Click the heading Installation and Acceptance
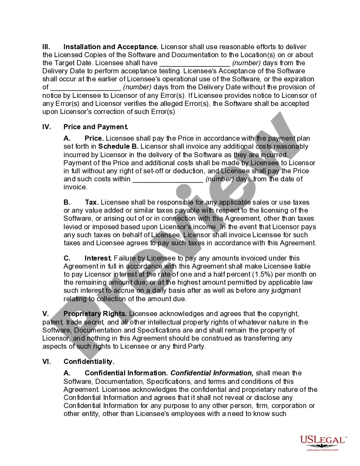pos(111,47)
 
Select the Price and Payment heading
pos(96,127)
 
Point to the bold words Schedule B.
pos(121,147)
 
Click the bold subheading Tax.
pos(91,202)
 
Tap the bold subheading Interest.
pos(98,258)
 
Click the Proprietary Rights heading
pos(95,314)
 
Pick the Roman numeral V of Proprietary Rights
pos(45,314)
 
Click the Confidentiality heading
pos(89,362)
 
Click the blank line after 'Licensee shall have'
pos(194,63)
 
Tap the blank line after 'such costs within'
pos(168,179)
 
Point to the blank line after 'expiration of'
pos(86,87)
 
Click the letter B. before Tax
pos(67,202)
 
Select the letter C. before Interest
pos(67,258)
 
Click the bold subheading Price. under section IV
pos(94,139)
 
